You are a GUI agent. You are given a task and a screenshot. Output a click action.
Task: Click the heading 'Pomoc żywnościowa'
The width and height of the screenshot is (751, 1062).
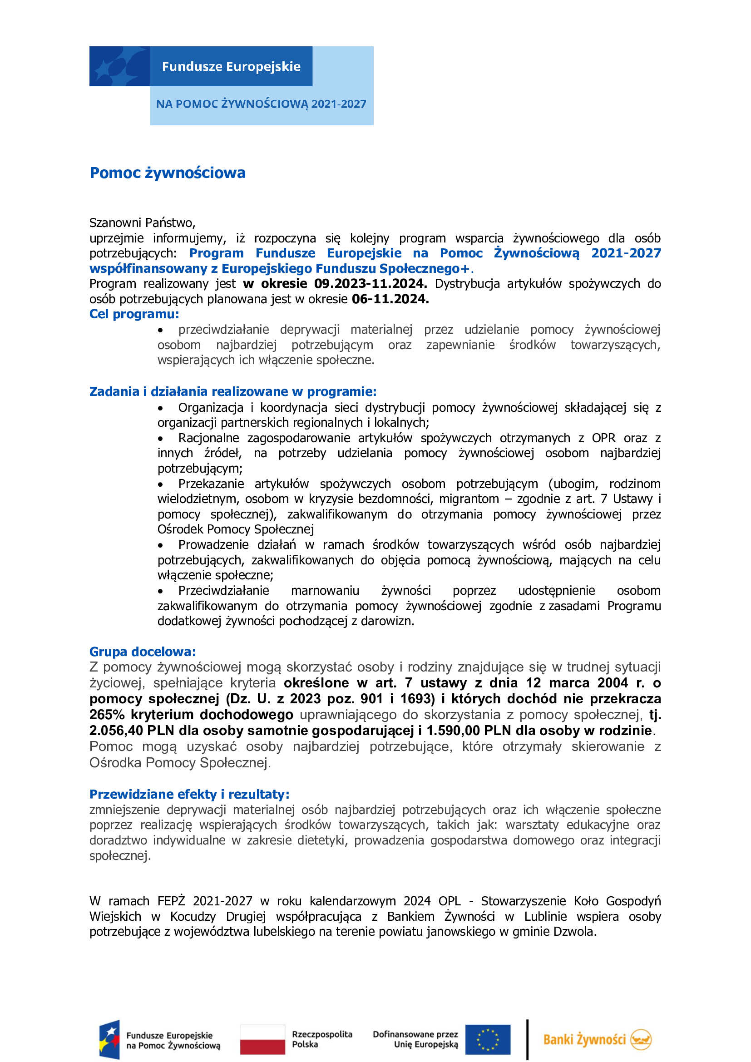point(168,173)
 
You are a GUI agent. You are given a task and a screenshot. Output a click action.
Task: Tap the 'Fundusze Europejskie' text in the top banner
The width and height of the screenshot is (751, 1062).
point(231,67)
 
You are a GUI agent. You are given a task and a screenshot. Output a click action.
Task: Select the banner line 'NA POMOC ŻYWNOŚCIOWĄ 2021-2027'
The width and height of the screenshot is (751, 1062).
point(261,104)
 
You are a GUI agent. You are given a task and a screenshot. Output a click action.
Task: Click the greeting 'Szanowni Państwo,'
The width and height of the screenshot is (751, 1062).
point(143,223)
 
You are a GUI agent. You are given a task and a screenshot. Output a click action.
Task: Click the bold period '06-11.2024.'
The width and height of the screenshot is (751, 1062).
point(390,299)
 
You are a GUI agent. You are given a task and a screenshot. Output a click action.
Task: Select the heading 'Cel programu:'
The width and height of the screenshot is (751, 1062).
point(134,314)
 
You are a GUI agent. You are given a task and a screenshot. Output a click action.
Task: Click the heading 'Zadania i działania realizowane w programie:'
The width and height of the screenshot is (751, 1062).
point(232,392)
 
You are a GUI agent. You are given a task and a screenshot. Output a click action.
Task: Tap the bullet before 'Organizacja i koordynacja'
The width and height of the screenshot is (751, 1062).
point(160,409)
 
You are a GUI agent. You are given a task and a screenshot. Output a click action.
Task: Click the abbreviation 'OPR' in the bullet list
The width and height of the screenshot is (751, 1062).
point(603,438)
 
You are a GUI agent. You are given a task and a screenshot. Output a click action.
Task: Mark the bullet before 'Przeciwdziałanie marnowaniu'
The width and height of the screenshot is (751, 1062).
point(160,591)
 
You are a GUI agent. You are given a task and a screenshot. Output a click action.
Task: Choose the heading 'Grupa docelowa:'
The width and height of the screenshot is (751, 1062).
point(143,652)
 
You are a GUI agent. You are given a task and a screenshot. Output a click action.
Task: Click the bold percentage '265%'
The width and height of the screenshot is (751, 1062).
point(107,715)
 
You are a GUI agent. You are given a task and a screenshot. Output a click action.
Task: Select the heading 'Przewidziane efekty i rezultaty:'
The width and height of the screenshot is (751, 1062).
point(189,794)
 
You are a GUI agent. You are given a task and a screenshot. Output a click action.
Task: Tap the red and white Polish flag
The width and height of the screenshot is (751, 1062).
point(262,1039)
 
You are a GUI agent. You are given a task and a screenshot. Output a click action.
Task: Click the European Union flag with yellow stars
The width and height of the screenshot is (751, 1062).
point(487,1039)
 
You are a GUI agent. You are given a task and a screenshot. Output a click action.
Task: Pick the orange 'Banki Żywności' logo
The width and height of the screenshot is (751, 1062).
point(597,1039)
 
